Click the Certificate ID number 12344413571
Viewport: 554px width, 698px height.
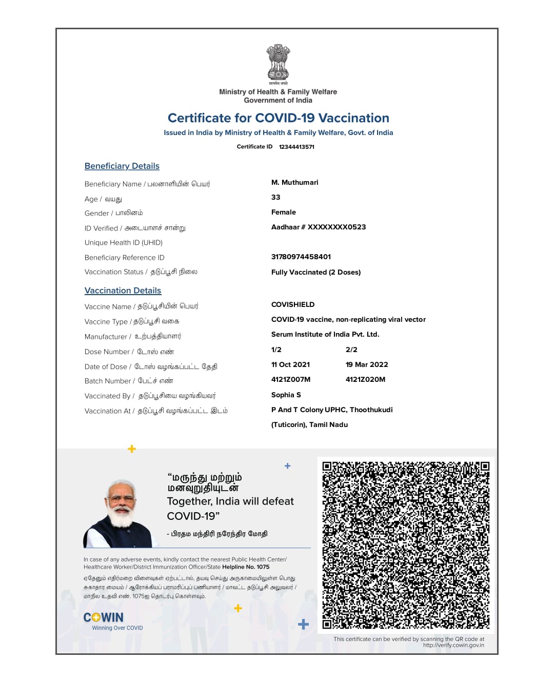coord(296,147)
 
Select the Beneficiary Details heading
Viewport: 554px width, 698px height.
coord(122,166)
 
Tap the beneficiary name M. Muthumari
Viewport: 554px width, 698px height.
coord(295,183)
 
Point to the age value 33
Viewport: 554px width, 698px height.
coord(276,198)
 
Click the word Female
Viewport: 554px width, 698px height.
coord(284,212)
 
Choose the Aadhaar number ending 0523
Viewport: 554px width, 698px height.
coord(319,227)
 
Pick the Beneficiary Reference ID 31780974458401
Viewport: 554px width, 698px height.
coord(301,257)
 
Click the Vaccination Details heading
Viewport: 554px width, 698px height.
coord(123,290)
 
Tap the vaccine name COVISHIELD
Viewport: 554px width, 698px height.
coord(293,305)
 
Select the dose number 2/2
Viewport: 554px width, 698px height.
coord(351,350)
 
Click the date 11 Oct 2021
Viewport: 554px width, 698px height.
coord(290,365)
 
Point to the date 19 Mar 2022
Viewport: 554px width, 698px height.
coord(367,365)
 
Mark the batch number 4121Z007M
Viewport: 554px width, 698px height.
coord(291,380)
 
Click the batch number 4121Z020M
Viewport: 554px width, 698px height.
coord(365,380)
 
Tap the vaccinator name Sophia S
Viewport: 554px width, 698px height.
coord(286,395)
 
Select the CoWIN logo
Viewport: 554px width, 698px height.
coord(104,617)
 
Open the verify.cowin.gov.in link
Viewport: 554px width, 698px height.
coord(453,646)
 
